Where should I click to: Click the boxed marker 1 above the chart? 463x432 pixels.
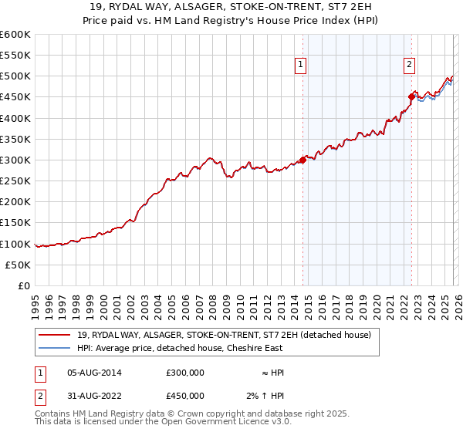pyautogui.click(x=300, y=66)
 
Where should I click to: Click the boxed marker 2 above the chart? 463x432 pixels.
pyautogui.click(x=409, y=66)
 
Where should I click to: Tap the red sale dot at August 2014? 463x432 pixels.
pyautogui.click(x=302, y=160)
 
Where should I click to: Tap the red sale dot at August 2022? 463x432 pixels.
pyautogui.click(x=411, y=97)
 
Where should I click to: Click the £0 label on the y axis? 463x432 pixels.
pyautogui.click(x=23, y=286)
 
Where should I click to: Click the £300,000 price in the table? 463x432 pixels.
pyautogui.click(x=185, y=372)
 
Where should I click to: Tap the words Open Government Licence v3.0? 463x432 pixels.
pyautogui.click(x=226, y=424)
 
